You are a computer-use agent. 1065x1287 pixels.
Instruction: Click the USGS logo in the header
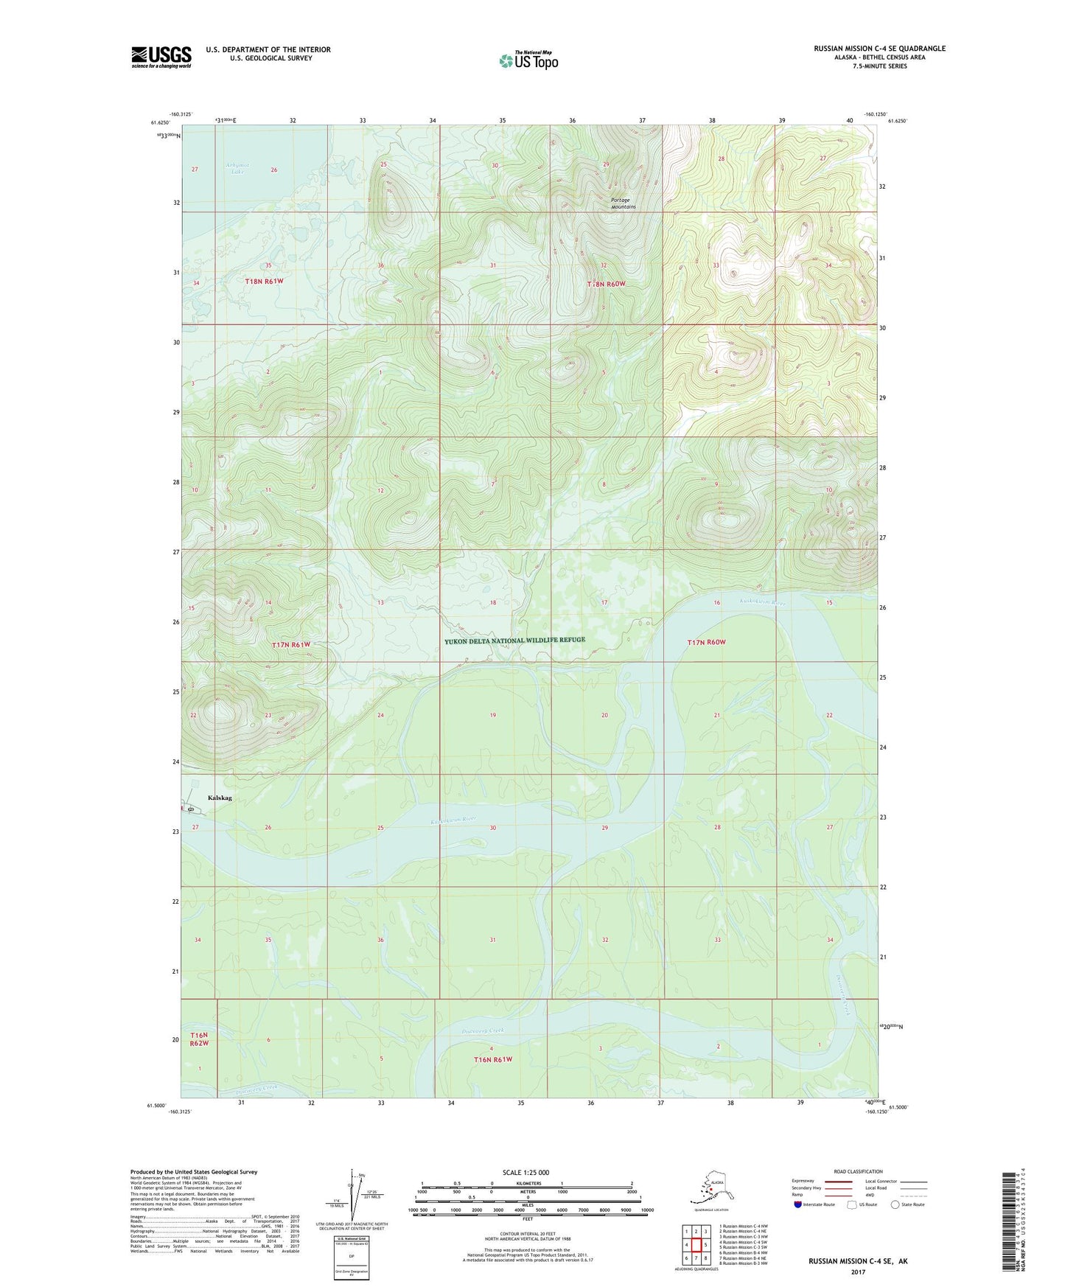pos(161,57)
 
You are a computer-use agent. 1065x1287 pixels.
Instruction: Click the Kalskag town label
pos(220,798)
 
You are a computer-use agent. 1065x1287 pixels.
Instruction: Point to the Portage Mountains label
pos(623,203)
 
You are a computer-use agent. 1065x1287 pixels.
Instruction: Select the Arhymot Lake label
pos(237,169)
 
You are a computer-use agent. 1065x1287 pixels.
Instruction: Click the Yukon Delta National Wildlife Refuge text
pos(514,641)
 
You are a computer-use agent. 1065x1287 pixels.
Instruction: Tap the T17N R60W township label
pos(706,642)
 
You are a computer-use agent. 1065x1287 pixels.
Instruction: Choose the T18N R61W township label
pos(264,281)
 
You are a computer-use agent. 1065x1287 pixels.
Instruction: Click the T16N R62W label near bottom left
pos(199,1039)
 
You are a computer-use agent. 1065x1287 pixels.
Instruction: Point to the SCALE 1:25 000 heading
pos(527,1173)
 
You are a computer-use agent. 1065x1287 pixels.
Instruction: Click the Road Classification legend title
pos(858,1171)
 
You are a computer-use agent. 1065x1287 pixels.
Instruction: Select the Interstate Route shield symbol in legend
pos(798,1204)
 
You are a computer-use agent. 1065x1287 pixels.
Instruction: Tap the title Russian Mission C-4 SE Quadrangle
pos(879,49)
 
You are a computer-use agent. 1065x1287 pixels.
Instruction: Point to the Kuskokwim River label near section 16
pos(762,602)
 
